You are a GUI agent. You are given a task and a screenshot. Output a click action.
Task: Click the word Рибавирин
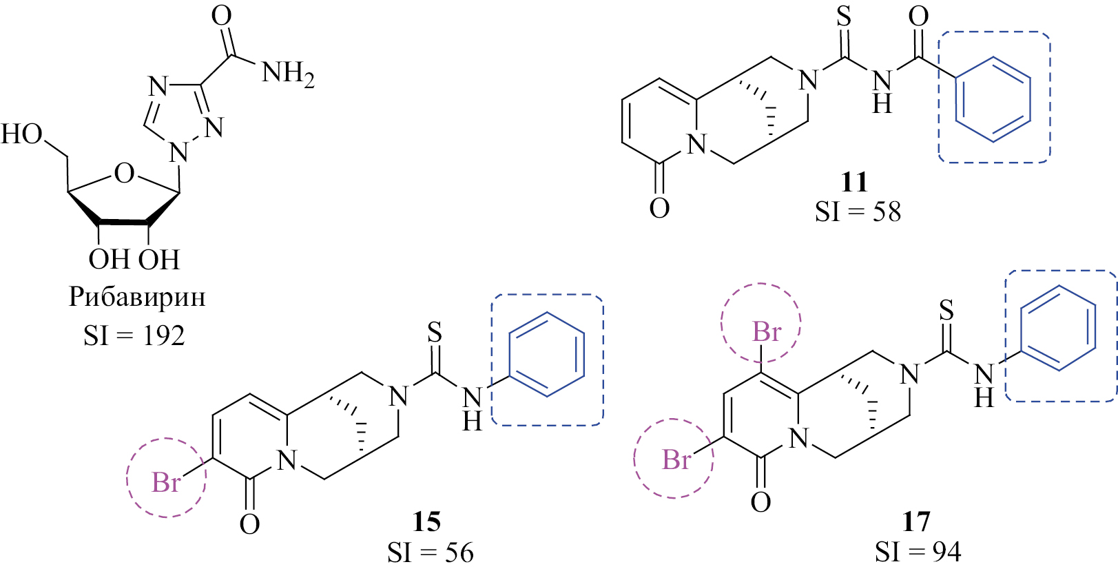click(x=137, y=298)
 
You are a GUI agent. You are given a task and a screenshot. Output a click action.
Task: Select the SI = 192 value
click(x=134, y=335)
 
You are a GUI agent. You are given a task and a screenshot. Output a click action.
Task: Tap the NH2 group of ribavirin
click(x=289, y=75)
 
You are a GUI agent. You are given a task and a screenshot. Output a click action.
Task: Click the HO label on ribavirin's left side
click(x=21, y=134)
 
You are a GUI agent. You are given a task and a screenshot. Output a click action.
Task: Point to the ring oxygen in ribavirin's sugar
click(x=124, y=174)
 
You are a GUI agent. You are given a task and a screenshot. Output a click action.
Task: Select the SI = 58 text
click(x=858, y=211)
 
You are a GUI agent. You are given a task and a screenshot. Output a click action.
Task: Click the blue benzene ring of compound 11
click(x=993, y=99)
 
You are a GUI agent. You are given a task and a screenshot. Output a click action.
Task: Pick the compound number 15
click(x=427, y=522)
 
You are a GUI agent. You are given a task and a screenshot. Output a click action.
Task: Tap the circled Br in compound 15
click(x=166, y=482)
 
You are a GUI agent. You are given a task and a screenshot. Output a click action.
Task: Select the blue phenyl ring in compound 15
click(x=547, y=355)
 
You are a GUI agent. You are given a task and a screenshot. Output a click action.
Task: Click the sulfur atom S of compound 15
click(x=435, y=332)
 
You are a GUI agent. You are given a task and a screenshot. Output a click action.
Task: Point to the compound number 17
click(x=917, y=522)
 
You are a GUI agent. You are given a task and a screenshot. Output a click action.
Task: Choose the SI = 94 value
click(x=918, y=552)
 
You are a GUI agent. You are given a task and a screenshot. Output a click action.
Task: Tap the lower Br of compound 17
click(x=676, y=459)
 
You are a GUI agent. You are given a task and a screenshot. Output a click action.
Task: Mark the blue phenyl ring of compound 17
click(x=1059, y=328)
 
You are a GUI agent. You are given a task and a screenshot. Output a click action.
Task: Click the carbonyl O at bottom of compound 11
click(x=659, y=207)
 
